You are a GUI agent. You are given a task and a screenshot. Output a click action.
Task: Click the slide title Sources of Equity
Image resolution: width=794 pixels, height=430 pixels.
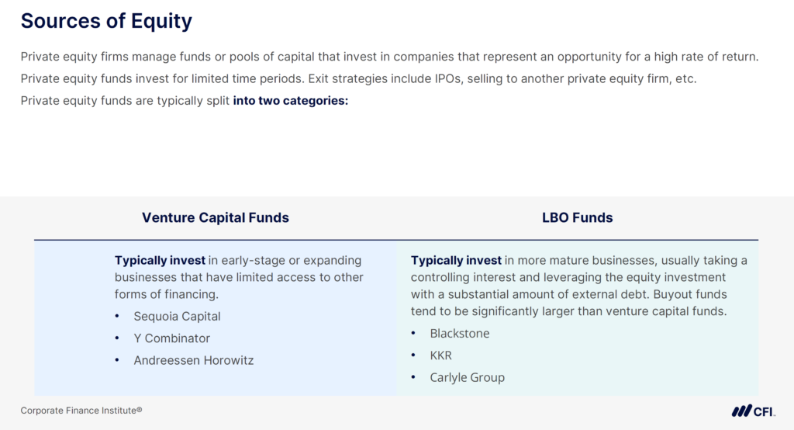click(x=106, y=21)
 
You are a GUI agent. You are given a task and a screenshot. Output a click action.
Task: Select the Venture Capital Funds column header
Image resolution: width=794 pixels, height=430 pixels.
click(x=215, y=218)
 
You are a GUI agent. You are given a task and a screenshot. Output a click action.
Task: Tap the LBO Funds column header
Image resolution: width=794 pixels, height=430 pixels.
click(x=577, y=218)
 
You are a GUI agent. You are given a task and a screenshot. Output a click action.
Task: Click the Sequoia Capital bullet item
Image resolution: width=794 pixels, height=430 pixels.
click(x=177, y=317)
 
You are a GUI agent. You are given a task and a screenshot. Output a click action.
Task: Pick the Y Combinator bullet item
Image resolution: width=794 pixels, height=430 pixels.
click(x=171, y=338)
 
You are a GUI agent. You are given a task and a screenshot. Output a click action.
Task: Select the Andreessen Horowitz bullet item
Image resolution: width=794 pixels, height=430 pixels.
click(x=193, y=360)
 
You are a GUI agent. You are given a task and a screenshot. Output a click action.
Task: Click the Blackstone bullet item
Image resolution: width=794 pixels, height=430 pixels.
click(x=460, y=334)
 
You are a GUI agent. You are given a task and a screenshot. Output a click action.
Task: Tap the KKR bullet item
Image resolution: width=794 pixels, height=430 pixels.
click(x=440, y=355)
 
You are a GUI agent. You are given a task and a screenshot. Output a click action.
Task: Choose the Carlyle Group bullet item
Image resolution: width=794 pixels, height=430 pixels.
click(x=467, y=377)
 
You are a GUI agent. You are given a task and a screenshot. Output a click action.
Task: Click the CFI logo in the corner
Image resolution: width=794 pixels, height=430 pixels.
click(x=753, y=411)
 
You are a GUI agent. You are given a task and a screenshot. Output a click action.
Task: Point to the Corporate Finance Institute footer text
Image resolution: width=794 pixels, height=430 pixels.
click(x=81, y=411)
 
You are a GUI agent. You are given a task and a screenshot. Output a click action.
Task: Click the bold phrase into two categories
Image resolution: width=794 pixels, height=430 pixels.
click(x=290, y=101)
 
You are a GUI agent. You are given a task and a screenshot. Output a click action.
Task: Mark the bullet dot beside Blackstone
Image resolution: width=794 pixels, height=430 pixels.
click(x=413, y=334)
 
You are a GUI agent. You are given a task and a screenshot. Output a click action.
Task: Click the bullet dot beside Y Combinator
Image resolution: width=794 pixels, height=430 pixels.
click(x=117, y=338)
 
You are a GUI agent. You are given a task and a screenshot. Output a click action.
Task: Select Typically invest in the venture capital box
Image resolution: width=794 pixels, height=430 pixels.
click(x=160, y=261)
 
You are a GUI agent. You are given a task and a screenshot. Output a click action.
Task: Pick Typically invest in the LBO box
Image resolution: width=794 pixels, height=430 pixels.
click(x=456, y=261)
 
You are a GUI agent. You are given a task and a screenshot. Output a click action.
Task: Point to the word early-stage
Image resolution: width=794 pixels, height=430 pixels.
click(x=256, y=261)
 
